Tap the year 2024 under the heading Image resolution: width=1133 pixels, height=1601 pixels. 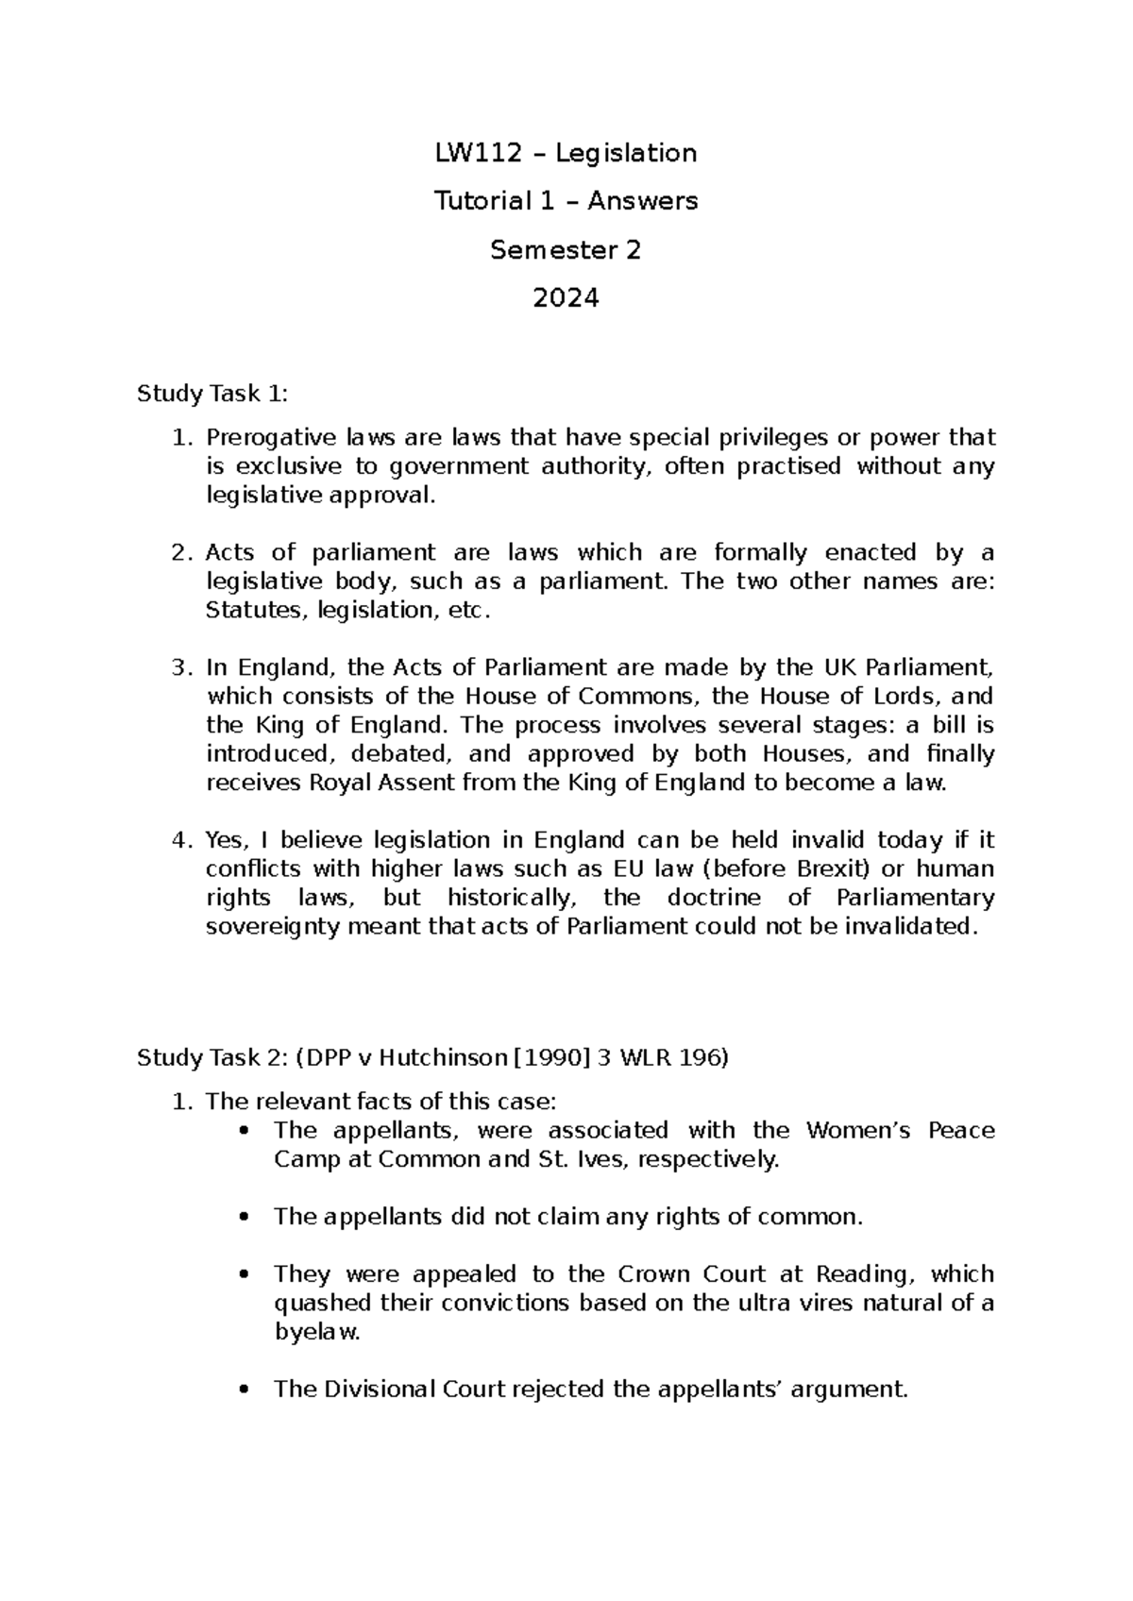click(x=566, y=298)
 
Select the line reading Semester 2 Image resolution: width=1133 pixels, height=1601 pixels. click(x=566, y=250)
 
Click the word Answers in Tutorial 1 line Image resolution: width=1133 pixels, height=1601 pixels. click(x=654, y=201)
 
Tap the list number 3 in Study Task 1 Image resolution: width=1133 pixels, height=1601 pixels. click(x=180, y=668)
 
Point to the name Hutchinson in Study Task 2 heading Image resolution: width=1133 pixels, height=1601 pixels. click(x=438, y=1058)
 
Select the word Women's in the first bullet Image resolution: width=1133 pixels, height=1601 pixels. click(x=857, y=1131)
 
